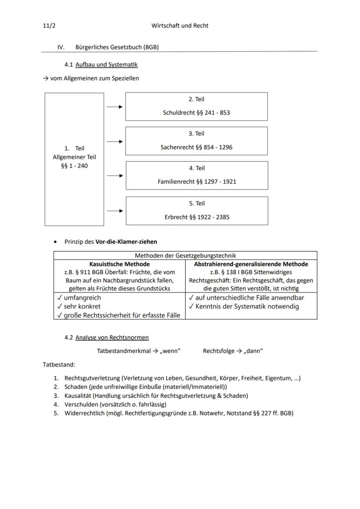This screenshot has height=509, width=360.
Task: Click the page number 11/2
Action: [x=49, y=26]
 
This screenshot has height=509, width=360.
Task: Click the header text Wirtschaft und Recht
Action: [x=180, y=26]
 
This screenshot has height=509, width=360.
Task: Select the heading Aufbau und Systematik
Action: [x=106, y=65]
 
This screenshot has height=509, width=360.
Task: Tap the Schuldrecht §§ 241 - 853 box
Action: [x=197, y=106]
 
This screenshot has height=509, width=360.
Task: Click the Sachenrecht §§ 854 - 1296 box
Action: [x=197, y=141]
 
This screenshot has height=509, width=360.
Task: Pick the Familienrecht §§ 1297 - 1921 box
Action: [x=197, y=176]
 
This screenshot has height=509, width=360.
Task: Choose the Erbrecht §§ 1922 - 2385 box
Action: [x=197, y=211]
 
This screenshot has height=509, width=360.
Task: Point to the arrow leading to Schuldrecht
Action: [x=115, y=106]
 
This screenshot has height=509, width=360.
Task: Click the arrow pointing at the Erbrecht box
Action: [x=115, y=211]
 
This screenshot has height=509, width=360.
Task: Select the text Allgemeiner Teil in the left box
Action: [x=74, y=157]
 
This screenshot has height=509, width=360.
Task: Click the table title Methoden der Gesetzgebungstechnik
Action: [x=185, y=256]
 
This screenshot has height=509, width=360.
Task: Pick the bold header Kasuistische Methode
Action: [x=120, y=264]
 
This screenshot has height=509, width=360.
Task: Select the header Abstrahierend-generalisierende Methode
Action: [x=251, y=264]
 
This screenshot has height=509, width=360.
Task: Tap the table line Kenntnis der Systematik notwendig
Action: [x=247, y=306]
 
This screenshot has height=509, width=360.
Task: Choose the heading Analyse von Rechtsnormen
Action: [x=112, y=337]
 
